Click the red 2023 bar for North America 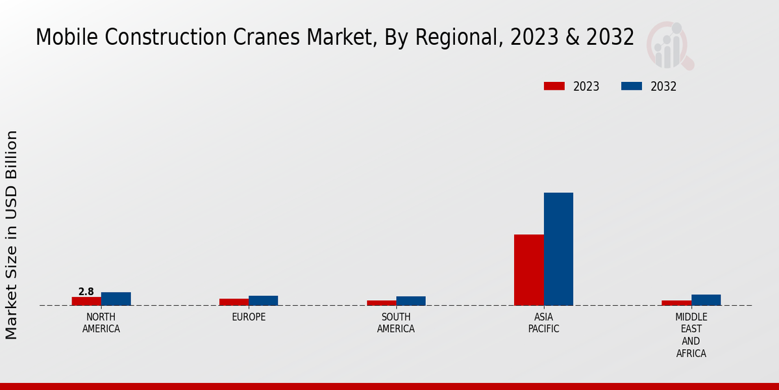[x=86, y=301]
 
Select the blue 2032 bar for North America [x=116, y=299]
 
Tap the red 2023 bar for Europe [x=234, y=302]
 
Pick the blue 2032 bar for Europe [x=263, y=300]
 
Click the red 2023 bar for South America [x=381, y=303]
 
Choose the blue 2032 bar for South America [x=411, y=301]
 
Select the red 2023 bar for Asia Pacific [x=528, y=270]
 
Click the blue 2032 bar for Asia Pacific [x=558, y=249]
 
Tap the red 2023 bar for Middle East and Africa [x=676, y=303]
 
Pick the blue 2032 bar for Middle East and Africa [x=706, y=300]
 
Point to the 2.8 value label [x=86, y=292]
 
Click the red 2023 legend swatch [x=554, y=86]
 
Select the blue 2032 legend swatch [x=632, y=86]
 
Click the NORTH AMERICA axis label [x=101, y=323]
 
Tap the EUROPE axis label [x=249, y=317]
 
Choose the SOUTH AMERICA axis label [x=396, y=323]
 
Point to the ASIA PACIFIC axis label [x=544, y=323]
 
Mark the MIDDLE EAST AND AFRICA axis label [x=691, y=335]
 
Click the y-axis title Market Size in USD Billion [x=12, y=235]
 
